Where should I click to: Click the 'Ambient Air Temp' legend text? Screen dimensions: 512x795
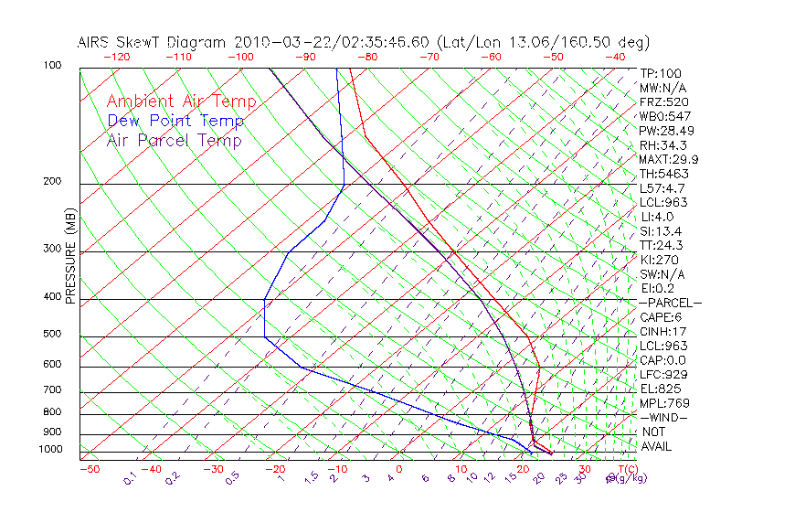coord(181,101)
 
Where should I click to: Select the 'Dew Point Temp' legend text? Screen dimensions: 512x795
coord(175,121)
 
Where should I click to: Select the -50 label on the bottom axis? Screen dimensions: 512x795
coord(89,470)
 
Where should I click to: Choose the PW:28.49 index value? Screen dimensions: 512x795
coord(667,131)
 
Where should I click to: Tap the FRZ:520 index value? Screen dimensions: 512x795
coord(664,101)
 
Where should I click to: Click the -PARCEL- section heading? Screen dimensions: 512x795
coord(671,303)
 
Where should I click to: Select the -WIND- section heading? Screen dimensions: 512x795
coord(664,417)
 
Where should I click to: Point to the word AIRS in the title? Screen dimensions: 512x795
coord(96,42)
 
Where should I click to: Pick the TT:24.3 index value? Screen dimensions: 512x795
coord(662,245)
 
